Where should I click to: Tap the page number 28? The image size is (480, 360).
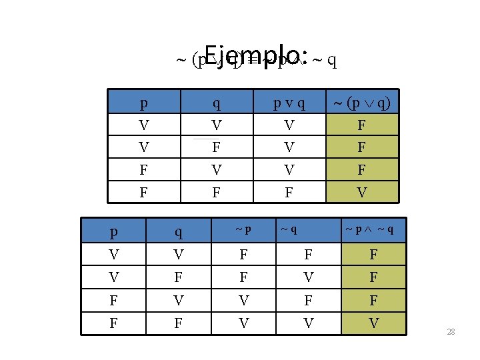point(451,331)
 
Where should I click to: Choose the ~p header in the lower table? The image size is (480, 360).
point(243,229)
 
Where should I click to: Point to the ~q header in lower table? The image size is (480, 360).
point(289,229)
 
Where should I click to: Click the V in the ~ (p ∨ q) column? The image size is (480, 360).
point(361,193)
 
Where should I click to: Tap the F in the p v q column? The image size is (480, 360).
point(289,193)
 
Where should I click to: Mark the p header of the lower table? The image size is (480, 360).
point(115,232)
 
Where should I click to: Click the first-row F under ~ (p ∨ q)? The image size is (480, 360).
point(361,125)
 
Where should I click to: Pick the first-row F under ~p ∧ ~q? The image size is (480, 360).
point(373,254)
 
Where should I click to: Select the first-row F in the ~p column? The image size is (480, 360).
point(243,254)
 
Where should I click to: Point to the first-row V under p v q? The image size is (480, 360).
point(289,125)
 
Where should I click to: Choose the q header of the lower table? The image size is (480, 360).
point(179,232)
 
